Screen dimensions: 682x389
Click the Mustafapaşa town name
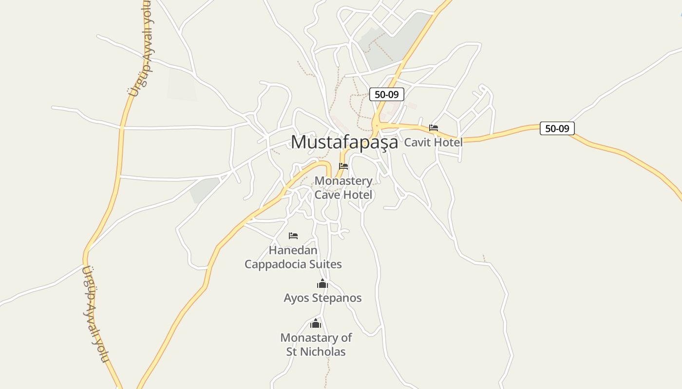click(x=344, y=141)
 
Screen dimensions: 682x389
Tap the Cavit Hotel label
click(x=433, y=142)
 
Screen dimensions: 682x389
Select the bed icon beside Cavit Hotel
click(x=434, y=128)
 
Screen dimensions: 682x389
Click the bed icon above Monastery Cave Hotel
click(x=343, y=166)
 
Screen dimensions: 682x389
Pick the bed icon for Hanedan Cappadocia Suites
click(x=293, y=236)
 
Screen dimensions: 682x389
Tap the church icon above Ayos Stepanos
click(x=322, y=284)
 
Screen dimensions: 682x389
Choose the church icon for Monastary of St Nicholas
click(x=316, y=323)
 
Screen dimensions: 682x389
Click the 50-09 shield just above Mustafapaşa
click(x=386, y=94)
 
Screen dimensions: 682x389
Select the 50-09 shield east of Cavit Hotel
click(x=557, y=128)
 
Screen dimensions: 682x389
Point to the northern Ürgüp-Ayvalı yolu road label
click(x=140, y=49)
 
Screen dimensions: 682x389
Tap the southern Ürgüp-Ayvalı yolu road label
click(x=94, y=314)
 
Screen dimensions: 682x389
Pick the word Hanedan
click(x=293, y=250)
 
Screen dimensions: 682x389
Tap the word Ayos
click(x=297, y=298)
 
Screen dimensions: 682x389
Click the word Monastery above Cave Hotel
click(x=343, y=181)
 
